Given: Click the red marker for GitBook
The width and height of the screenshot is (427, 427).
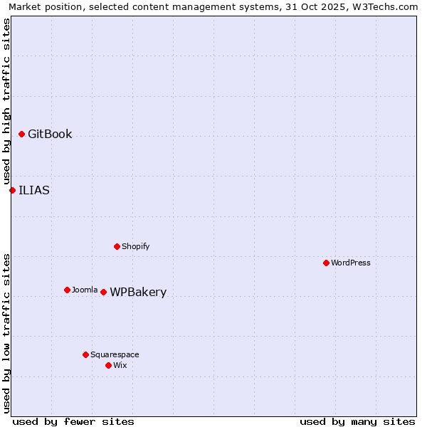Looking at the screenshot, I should click(x=22, y=135).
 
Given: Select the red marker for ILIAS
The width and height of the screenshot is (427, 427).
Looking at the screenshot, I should click(x=12, y=190).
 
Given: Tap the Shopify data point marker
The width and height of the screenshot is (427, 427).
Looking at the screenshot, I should click(x=117, y=246).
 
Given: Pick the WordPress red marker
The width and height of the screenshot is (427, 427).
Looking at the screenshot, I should click(x=326, y=263).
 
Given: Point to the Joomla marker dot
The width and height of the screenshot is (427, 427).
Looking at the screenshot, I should click(x=67, y=290).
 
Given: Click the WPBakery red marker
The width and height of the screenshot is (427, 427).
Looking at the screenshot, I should click(x=103, y=292).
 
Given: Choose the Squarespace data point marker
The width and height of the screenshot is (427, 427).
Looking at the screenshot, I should click(x=85, y=354).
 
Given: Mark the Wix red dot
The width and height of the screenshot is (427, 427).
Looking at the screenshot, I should click(x=108, y=365).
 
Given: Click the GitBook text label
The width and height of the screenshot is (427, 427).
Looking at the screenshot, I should click(x=50, y=135).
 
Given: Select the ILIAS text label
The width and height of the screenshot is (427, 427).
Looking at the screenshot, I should click(x=34, y=190).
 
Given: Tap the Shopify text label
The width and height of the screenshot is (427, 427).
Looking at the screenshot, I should click(x=135, y=246).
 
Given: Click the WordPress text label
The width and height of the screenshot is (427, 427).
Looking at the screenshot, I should click(x=350, y=263).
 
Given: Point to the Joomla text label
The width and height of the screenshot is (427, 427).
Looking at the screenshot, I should click(x=85, y=290).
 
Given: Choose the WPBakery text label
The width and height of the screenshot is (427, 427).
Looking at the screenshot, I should click(x=138, y=292).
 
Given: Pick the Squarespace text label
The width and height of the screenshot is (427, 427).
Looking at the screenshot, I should click(x=115, y=354).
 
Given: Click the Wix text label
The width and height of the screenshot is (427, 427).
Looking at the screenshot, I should click(x=120, y=365).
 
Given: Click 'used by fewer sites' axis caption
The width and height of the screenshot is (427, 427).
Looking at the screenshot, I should click(x=73, y=421).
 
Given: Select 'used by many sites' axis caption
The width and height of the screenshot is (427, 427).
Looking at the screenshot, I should click(x=357, y=421).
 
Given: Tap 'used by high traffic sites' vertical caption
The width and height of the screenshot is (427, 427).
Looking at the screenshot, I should click(x=6, y=101).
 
